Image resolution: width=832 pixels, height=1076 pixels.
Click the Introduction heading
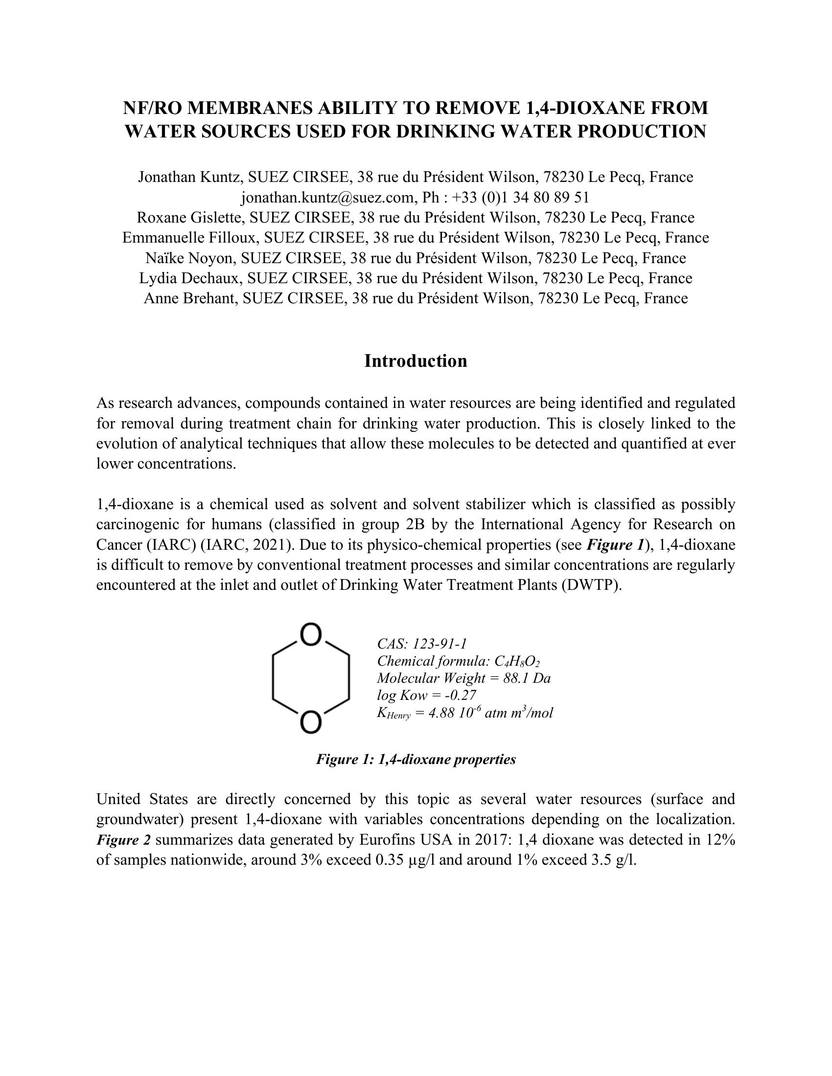click(x=416, y=361)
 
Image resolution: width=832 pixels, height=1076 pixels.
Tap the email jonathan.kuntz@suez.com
click(x=327, y=197)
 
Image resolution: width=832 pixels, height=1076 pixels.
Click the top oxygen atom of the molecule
click(x=311, y=635)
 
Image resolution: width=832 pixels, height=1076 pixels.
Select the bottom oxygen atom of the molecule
click(x=311, y=723)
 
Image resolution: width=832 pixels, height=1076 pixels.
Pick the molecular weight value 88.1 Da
click(x=527, y=678)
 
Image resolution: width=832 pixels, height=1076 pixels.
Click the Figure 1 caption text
click(x=416, y=759)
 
